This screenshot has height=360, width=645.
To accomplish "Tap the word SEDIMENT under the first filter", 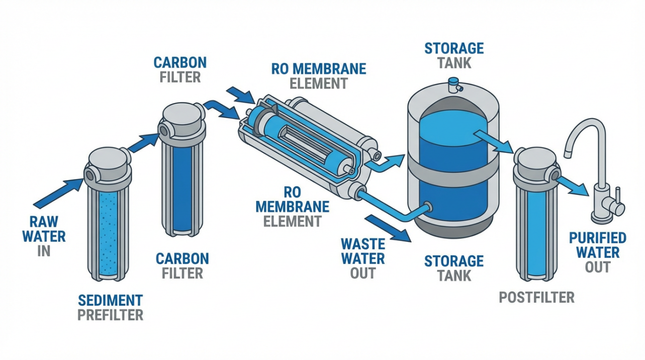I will (x=110, y=301).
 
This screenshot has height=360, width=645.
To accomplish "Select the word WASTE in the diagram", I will (x=362, y=245).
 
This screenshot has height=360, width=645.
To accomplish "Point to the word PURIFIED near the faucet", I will (x=597, y=238).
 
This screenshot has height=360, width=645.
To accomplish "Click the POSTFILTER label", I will (x=536, y=297).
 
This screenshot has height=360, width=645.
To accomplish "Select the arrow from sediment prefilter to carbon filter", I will (x=143, y=141).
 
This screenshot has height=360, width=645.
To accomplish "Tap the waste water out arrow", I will (x=389, y=228).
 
